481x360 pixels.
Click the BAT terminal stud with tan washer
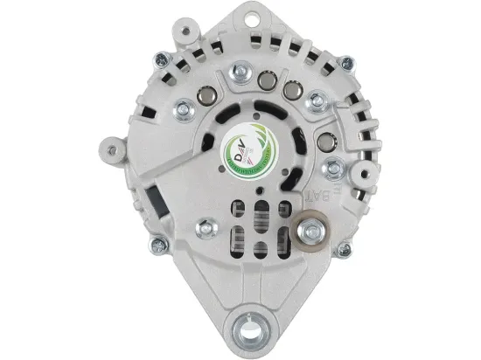tap(310, 232)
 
